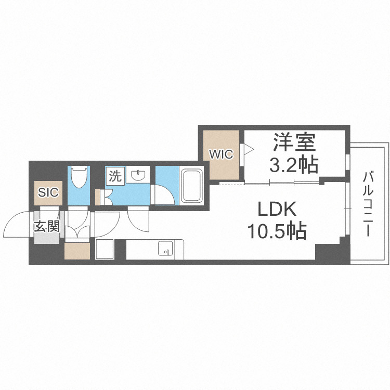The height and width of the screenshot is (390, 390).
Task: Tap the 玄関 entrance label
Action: click(47, 227)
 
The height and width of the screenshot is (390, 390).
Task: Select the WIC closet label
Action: click(221, 154)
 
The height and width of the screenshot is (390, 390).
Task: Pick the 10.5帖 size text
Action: click(277, 230)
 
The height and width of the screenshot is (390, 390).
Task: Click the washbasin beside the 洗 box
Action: click(138, 176)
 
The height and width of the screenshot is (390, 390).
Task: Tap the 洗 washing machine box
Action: click(115, 176)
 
